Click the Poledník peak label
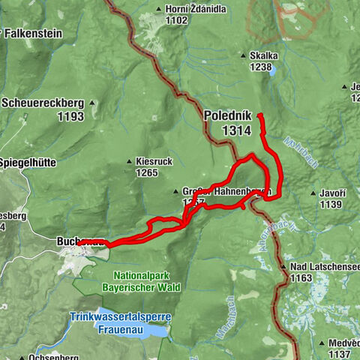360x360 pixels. [227, 117]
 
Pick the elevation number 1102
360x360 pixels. [175, 21]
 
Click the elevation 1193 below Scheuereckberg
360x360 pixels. [70, 117]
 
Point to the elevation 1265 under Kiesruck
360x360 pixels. [146, 173]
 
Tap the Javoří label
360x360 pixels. [331, 193]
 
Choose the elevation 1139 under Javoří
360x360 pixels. [330, 204]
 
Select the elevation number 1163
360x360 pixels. [301, 277]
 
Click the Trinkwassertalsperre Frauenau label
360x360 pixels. [121, 322]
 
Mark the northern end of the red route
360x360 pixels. [259, 115]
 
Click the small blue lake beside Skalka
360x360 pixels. [271, 71]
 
